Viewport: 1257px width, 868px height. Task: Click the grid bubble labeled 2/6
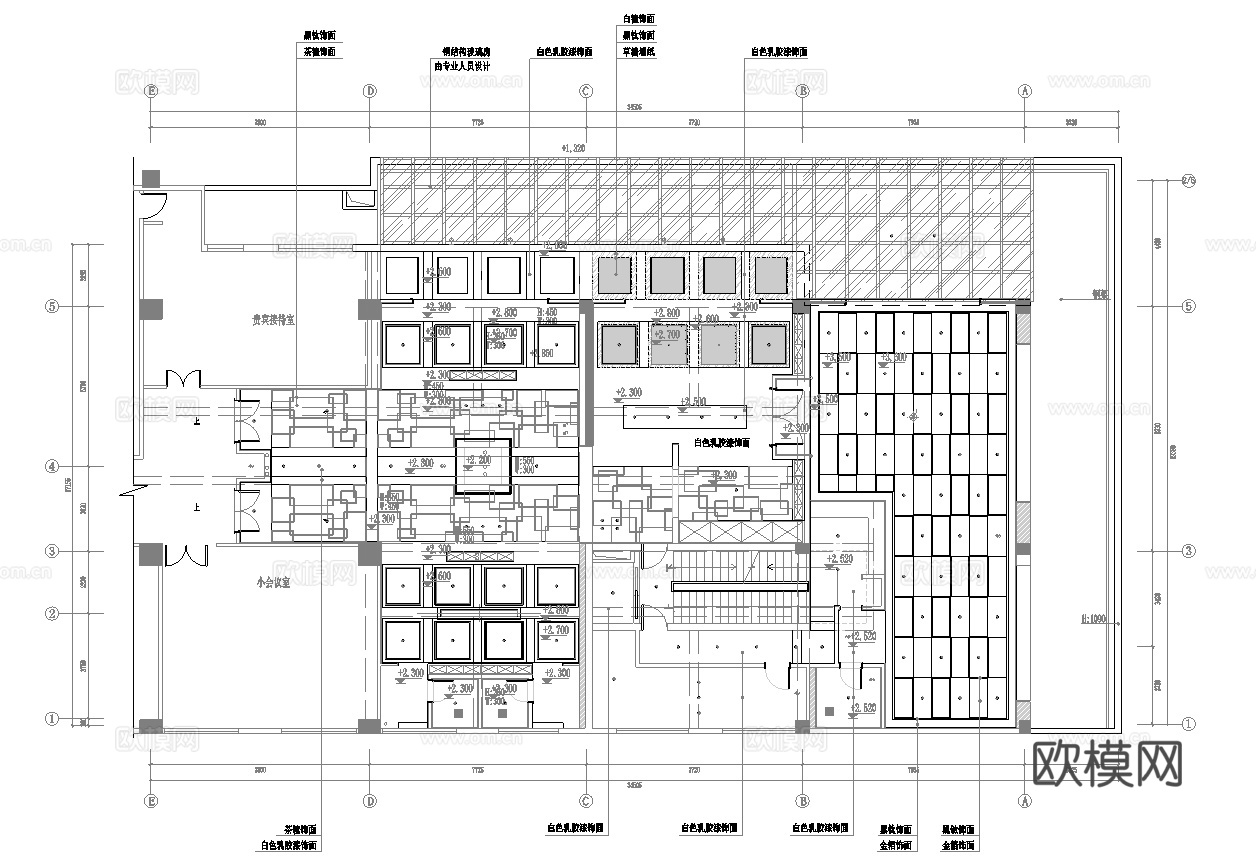[1188, 181]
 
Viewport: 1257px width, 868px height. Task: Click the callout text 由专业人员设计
[461, 67]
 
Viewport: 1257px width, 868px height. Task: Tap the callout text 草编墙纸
[638, 51]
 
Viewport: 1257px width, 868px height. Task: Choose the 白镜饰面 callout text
[638, 18]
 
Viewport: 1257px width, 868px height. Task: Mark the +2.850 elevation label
[541, 353]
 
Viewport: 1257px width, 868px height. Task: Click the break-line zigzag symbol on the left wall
[127, 492]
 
